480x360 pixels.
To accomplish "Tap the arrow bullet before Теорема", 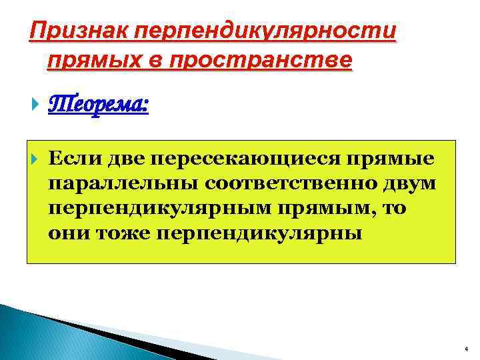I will pos(35,105).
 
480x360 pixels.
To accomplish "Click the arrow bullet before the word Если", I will pos(35,159).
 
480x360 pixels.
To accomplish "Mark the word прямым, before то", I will pos(321,209).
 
